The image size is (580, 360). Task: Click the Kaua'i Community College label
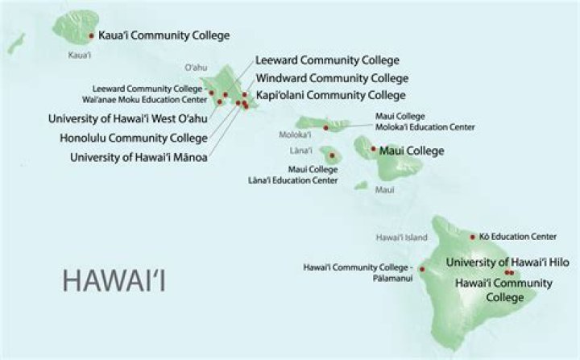[164, 35]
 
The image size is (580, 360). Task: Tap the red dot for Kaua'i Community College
[93, 35]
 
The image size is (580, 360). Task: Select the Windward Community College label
[331, 78]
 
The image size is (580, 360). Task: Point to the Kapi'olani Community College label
[330, 95]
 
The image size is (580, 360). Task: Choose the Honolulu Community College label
[133, 138]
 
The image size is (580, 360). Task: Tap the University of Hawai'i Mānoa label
[139, 158]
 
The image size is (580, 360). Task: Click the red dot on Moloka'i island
[325, 127]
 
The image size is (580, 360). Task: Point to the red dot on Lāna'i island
[329, 151]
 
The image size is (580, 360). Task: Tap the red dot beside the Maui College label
[373, 149]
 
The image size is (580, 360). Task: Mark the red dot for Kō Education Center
[473, 237]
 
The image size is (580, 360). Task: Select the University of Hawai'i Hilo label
[507, 263]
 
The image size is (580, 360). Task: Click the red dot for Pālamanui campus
[422, 269]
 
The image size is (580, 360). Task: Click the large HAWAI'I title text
[117, 282]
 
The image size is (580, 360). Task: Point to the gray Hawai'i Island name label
[401, 238]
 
